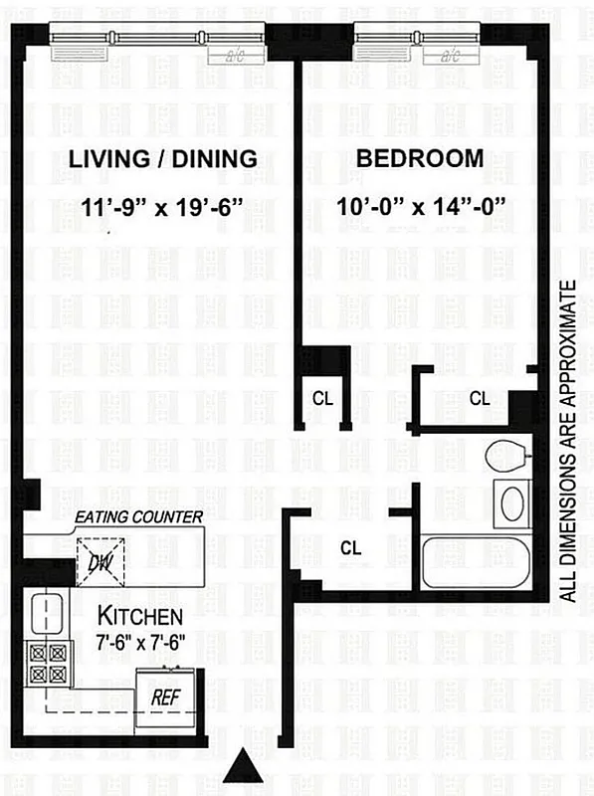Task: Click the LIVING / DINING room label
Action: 163,158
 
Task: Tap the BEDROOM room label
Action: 420,158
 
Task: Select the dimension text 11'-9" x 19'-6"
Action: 163,208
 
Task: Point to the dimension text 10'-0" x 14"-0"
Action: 422,208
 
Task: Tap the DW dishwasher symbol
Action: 99,560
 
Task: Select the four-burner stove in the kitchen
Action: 45,664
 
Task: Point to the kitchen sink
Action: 45,612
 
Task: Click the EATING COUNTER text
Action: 139,516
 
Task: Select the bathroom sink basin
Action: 512,503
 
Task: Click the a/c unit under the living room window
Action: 237,54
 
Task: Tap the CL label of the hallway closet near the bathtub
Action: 350,547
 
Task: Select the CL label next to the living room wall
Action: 321,398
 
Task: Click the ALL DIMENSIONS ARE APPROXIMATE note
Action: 569,442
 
